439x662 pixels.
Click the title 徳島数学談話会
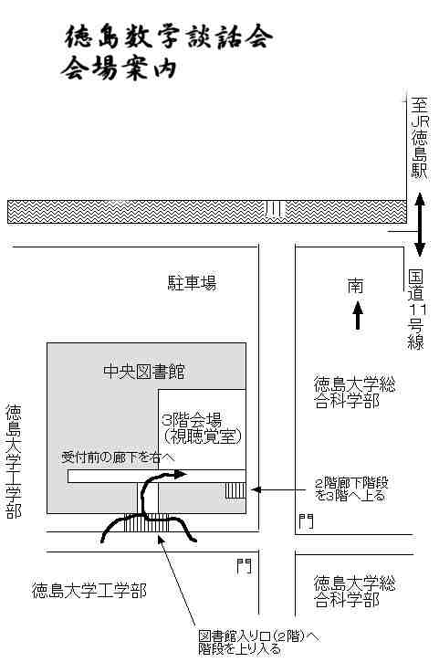point(169,37)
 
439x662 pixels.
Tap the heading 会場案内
point(119,68)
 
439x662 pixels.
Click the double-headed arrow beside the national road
point(419,225)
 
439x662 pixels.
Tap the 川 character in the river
point(274,208)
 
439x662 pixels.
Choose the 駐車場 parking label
point(192,282)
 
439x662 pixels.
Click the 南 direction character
point(355,286)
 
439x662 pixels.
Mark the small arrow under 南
point(358,314)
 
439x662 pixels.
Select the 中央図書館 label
point(144,372)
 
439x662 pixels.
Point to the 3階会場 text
point(192,420)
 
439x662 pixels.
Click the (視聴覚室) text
point(203,436)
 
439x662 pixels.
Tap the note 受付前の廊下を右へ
point(118,457)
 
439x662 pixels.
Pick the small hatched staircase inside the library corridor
point(235,490)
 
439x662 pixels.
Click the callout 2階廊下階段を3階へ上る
point(351,489)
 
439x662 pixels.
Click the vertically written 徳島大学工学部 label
point(14,461)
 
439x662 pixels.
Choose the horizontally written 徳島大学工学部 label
point(89,591)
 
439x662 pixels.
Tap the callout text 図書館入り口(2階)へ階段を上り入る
point(258,643)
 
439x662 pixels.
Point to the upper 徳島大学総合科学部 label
point(354,393)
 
